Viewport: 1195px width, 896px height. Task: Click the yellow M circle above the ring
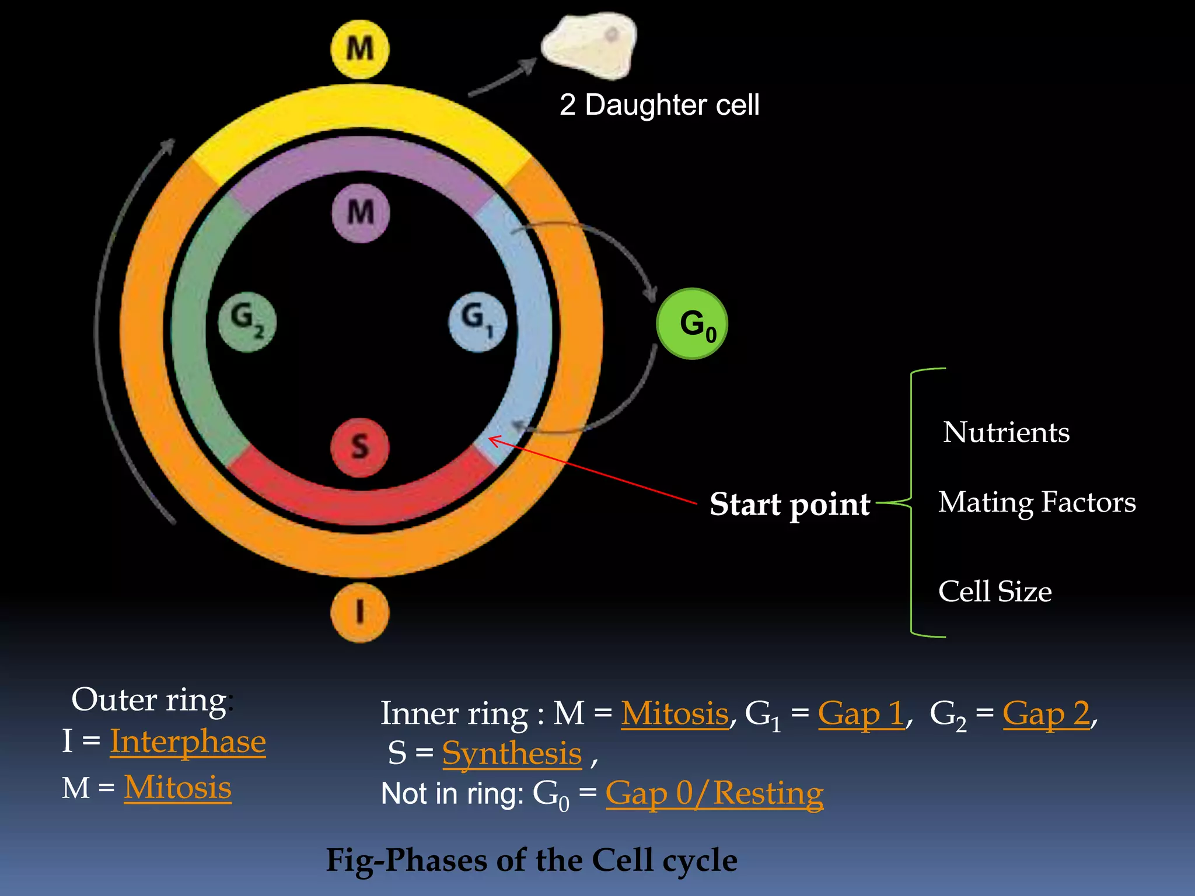click(x=360, y=49)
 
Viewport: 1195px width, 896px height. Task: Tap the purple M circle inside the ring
click(x=361, y=212)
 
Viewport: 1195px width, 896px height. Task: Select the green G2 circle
click(x=247, y=321)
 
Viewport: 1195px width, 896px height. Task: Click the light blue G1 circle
click(x=477, y=321)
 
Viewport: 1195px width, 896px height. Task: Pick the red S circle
click(x=359, y=447)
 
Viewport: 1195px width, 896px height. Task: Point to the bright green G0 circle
click(x=692, y=324)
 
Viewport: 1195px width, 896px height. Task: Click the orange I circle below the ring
click(x=359, y=612)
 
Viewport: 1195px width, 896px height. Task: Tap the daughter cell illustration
click(x=589, y=45)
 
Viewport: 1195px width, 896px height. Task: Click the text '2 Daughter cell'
click(x=659, y=105)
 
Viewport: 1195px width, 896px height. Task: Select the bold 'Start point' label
click(x=789, y=504)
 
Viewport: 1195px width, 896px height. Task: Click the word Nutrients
click(x=1006, y=432)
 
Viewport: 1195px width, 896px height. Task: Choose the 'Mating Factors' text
click(x=1037, y=502)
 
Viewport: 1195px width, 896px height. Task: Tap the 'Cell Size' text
click(x=995, y=591)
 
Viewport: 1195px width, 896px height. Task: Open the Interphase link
click(x=187, y=741)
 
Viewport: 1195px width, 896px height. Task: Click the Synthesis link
click(x=512, y=753)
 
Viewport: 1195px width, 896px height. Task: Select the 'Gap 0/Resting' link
click(x=714, y=793)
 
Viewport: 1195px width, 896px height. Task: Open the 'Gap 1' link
click(x=861, y=713)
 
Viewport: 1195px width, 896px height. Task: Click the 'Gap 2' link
click(x=1046, y=713)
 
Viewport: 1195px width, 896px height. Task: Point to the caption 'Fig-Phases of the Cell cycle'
click(x=531, y=860)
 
